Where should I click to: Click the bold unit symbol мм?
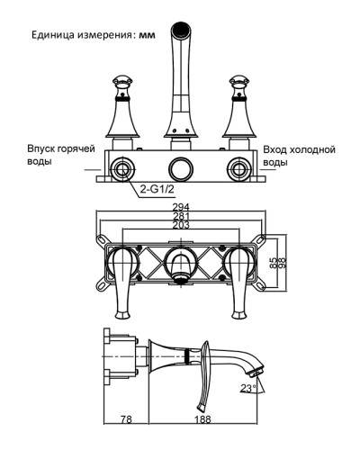(148, 35)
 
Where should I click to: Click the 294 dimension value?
(181, 207)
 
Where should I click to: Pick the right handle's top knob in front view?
(240, 77)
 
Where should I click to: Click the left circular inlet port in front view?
(120, 167)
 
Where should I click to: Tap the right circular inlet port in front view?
(239, 167)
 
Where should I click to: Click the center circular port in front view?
(180, 167)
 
